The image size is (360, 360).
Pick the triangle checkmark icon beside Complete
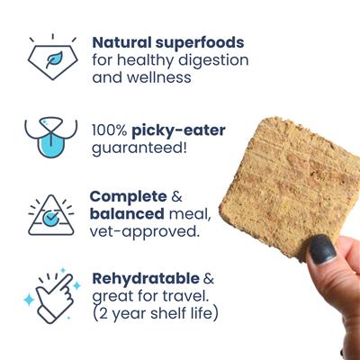click(x=51, y=215)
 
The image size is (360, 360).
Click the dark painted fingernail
click(x=317, y=253)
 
